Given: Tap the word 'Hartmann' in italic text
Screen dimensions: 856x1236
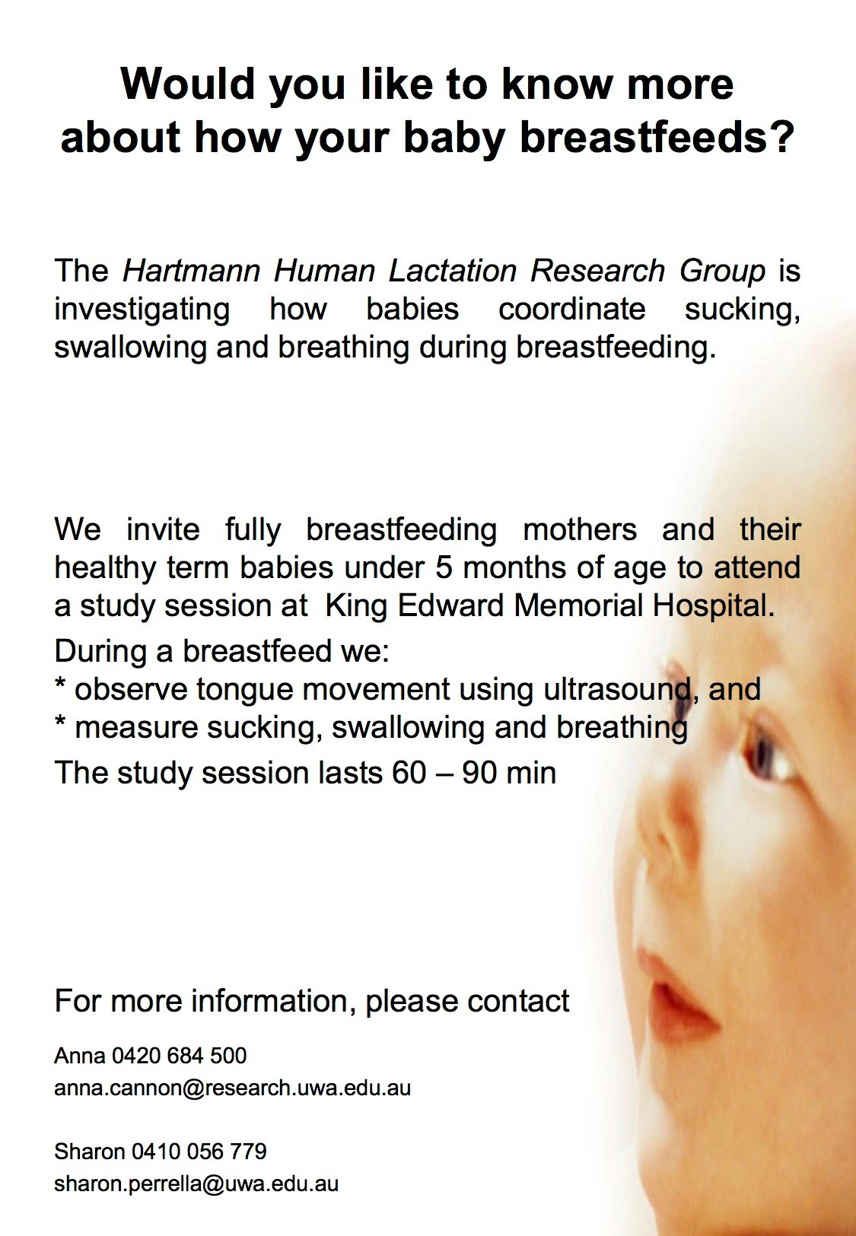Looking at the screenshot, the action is point(191,270).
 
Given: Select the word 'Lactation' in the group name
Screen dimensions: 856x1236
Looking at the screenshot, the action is point(453,270).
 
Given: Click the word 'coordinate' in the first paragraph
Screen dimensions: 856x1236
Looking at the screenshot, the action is point(571,309).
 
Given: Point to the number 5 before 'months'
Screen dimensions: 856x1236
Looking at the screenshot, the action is point(444,567).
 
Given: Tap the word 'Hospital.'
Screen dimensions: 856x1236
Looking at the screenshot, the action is point(714,607).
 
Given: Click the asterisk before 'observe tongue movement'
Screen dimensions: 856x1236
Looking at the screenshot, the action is point(60,685).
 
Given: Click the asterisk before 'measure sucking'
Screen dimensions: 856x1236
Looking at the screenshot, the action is point(60,723).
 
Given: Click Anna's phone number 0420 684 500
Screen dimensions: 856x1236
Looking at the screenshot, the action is point(180,1056).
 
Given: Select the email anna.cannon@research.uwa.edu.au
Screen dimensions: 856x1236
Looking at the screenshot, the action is point(232,1088).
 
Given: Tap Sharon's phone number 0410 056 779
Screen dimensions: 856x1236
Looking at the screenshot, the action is point(199,1151).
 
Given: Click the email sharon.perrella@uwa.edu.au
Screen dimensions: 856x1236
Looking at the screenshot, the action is point(196,1184).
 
